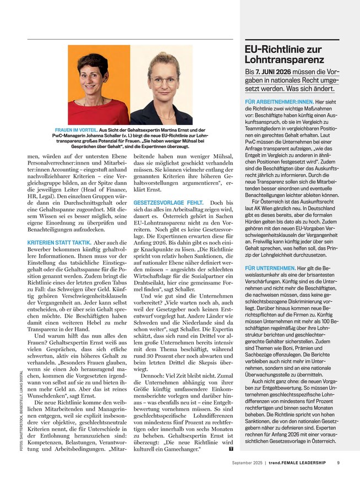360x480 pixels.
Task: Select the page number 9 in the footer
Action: (338, 463)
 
